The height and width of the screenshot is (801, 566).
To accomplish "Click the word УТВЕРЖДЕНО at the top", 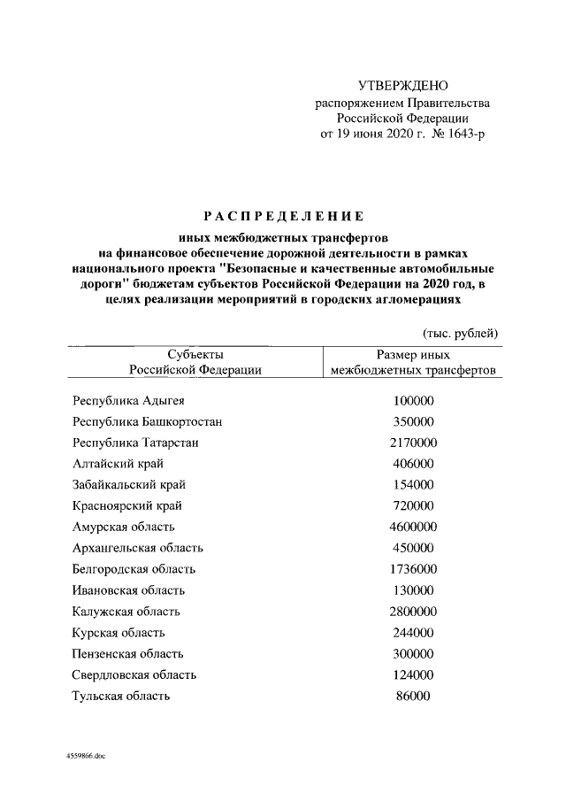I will (402, 86).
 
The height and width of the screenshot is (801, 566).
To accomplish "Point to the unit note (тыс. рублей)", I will (460, 333).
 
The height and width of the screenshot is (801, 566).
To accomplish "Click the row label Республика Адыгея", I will (128, 401).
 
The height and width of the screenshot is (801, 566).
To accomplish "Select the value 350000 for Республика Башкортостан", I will (413, 422).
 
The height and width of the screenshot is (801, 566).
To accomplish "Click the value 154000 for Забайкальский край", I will (413, 485).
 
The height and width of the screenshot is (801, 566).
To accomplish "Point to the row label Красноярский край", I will (127, 506).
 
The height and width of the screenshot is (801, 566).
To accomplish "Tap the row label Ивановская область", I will (129, 590).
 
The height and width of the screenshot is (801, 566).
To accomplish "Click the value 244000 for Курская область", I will (413, 633).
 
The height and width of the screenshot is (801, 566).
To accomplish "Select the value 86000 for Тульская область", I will (413, 697).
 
